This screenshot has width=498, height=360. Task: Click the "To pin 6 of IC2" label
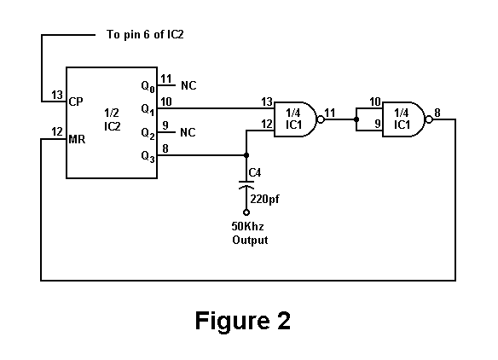(145, 34)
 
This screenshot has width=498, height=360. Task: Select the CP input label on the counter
(76, 102)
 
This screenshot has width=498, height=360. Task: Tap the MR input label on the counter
(77, 139)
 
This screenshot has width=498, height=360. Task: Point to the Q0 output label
(148, 86)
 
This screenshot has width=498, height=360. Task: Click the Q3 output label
(148, 156)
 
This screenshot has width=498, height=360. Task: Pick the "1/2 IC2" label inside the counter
(112, 119)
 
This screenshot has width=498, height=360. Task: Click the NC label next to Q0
(188, 85)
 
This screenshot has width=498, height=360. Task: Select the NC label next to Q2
(188, 132)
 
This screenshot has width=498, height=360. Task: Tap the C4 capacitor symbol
(246, 185)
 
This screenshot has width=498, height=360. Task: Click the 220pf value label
(265, 200)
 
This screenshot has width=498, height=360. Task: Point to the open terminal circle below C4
(246, 212)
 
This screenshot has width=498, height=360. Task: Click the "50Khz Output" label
(250, 233)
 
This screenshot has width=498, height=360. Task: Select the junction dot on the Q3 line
(246, 155)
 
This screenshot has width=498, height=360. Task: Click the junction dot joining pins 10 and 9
(356, 119)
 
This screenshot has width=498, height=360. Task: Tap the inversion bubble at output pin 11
(321, 119)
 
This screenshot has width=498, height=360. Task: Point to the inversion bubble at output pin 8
(429, 119)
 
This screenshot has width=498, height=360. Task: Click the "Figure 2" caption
(243, 320)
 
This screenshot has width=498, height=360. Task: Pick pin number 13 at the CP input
(57, 95)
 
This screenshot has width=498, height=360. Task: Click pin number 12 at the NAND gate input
(267, 124)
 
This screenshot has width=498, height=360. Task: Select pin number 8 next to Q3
(165, 148)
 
